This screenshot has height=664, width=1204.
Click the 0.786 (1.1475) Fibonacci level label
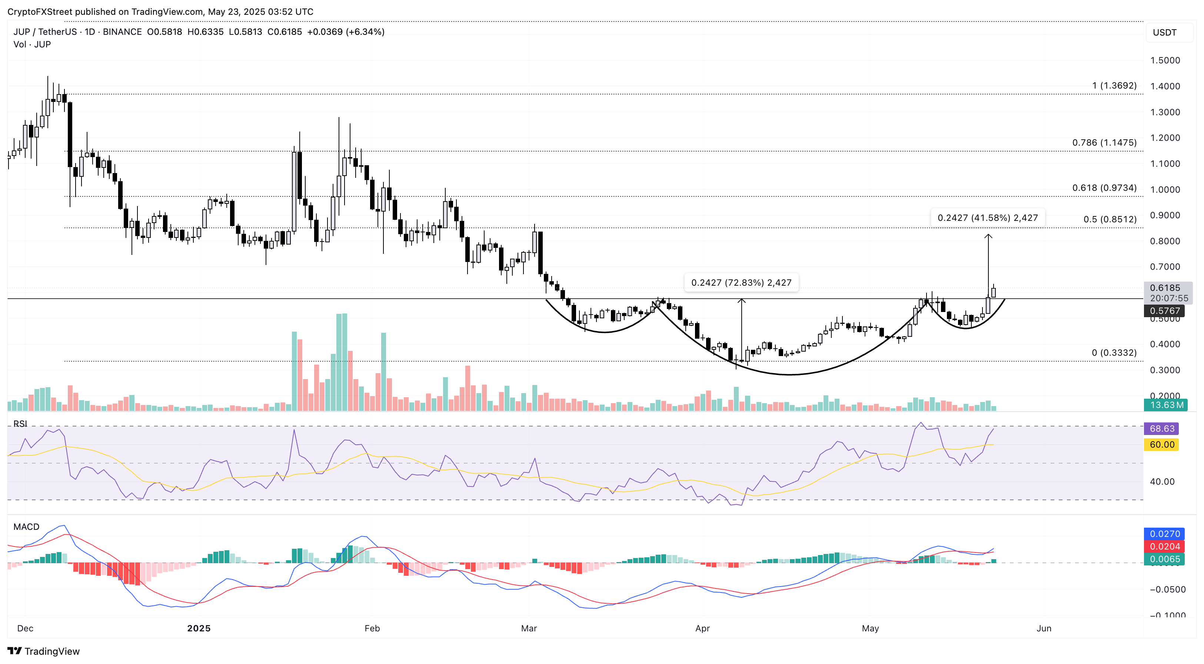pos(1104,143)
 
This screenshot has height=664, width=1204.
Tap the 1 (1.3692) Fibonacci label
pos(1114,86)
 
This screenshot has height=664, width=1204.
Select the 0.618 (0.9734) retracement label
pos(1104,187)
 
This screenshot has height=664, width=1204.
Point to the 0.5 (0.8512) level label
pos(1110,219)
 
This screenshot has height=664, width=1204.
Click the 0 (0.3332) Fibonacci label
pos(1114,353)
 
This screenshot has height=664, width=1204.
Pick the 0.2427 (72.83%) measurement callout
pos(741,282)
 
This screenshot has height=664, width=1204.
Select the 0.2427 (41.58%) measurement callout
pos(988,218)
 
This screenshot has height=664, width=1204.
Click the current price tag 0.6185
pos(1165,288)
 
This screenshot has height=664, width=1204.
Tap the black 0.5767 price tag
pos(1164,311)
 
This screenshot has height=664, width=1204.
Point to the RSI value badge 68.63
pos(1161,429)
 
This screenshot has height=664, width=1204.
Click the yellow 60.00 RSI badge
pos(1161,445)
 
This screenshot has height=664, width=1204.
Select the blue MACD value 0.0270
pos(1164,534)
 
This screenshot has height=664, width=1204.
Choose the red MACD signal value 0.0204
pos(1164,547)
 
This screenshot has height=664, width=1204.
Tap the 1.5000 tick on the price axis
pos(1165,60)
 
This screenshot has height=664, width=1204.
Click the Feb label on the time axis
pos(372,628)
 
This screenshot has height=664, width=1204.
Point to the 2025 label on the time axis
pos(199,628)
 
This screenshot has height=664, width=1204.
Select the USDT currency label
pos(1164,33)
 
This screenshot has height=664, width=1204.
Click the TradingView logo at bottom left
pos(44,651)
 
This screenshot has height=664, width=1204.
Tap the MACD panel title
pos(26,527)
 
